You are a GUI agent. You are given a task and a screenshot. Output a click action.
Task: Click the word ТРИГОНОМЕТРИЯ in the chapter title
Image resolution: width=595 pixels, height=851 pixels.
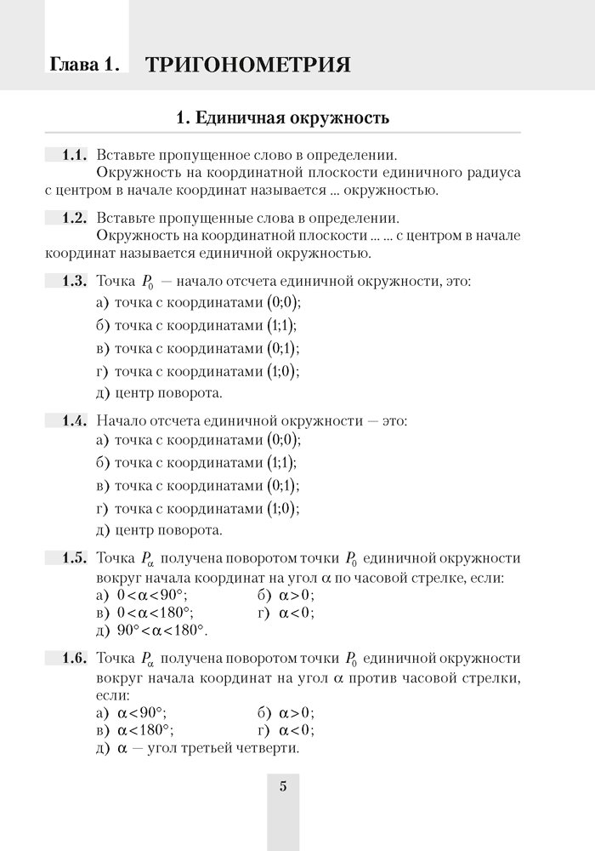click(x=248, y=65)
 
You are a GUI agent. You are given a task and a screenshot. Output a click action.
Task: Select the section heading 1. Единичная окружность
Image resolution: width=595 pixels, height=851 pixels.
click(x=282, y=117)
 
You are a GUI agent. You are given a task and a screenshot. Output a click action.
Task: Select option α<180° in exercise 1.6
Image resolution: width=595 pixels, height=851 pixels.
click(x=146, y=730)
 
